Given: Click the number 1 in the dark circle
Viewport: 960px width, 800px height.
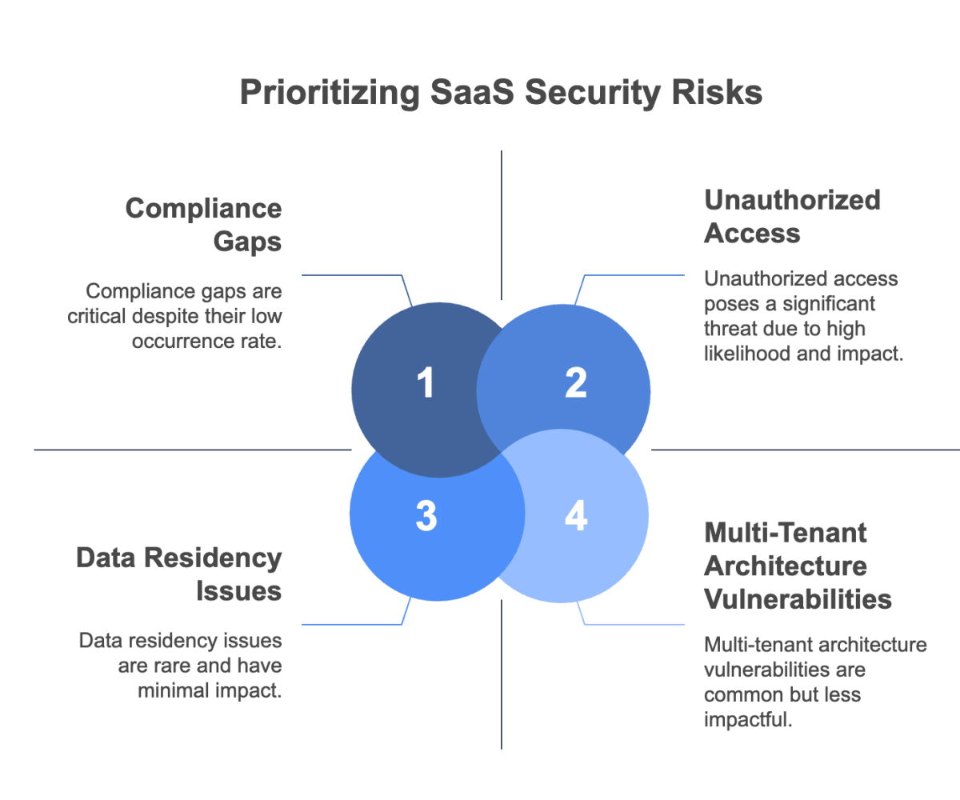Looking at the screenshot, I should pyautogui.click(x=426, y=383).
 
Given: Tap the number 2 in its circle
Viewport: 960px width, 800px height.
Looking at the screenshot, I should pyautogui.click(x=575, y=383).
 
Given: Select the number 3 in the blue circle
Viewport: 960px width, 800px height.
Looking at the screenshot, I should pyautogui.click(x=426, y=517).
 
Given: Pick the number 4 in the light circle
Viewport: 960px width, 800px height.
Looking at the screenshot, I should pyautogui.click(x=575, y=517).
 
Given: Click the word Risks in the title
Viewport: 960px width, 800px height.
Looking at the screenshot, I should pyautogui.click(x=718, y=93).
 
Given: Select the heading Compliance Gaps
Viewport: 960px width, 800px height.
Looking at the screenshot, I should pyautogui.click(x=204, y=225).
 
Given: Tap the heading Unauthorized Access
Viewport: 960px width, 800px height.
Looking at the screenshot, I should pyautogui.click(x=792, y=216).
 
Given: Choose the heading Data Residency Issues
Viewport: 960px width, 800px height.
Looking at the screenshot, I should pyautogui.click(x=180, y=574).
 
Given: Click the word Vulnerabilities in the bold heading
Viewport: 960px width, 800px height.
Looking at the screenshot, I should pyautogui.click(x=798, y=598).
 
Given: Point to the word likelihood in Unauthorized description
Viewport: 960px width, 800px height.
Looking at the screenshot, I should pyautogui.click(x=745, y=354).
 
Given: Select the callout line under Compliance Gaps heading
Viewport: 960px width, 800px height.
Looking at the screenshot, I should pyautogui.click(x=352, y=276).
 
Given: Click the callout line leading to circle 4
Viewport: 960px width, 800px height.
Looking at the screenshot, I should pyautogui.click(x=632, y=624).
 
